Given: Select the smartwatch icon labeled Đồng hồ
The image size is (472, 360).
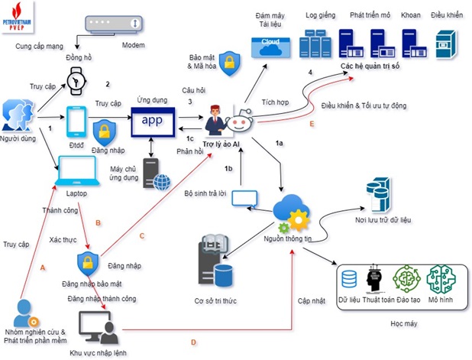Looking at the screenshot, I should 77,79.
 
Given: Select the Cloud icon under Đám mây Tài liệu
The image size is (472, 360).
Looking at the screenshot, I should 270,47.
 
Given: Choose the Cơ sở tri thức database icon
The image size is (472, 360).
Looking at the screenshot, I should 215,260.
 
